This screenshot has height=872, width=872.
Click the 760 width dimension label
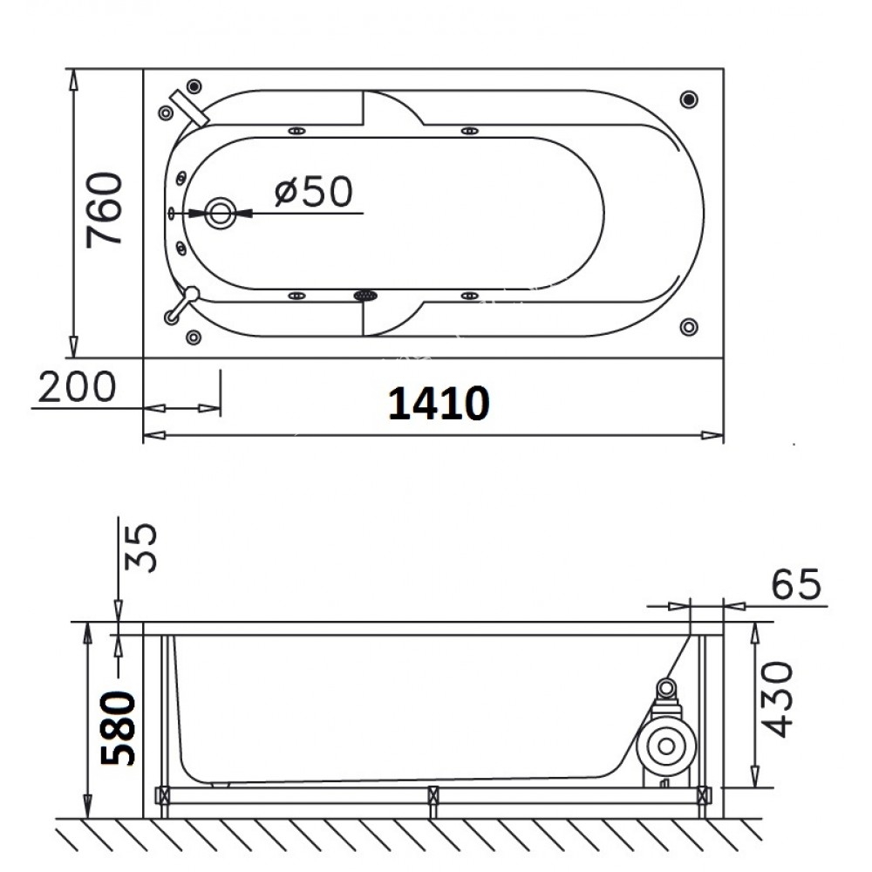point(104,210)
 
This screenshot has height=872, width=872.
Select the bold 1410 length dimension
point(439,403)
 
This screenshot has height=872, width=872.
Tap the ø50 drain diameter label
point(314,192)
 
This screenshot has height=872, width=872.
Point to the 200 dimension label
point(77,387)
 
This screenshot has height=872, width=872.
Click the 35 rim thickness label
point(140,548)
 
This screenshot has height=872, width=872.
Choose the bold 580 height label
point(118,728)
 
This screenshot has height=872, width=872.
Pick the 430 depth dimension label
point(775,699)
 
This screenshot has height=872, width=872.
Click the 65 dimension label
point(796,584)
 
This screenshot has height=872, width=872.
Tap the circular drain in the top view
point(221,213)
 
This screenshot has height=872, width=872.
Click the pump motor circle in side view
point(666,746)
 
